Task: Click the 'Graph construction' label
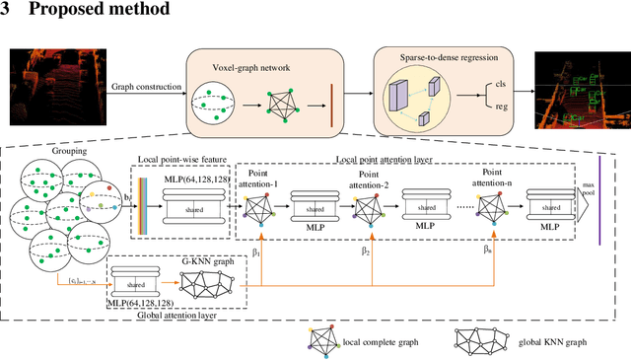(146, 86)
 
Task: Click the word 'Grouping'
(38, 152)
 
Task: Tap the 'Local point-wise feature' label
(181, 159)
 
